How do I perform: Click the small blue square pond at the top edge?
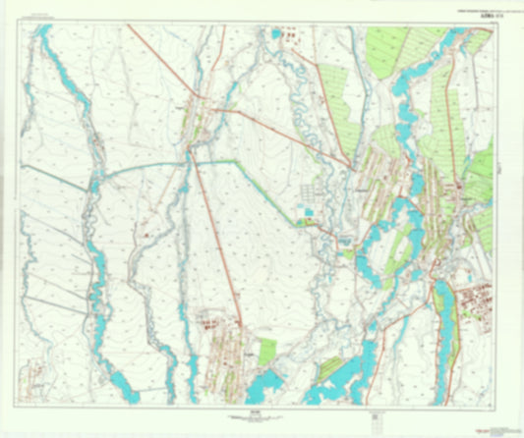pyautogui.click(x=276, y=33)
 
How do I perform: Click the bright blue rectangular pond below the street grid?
pyautogui.click(x=310, y=210)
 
